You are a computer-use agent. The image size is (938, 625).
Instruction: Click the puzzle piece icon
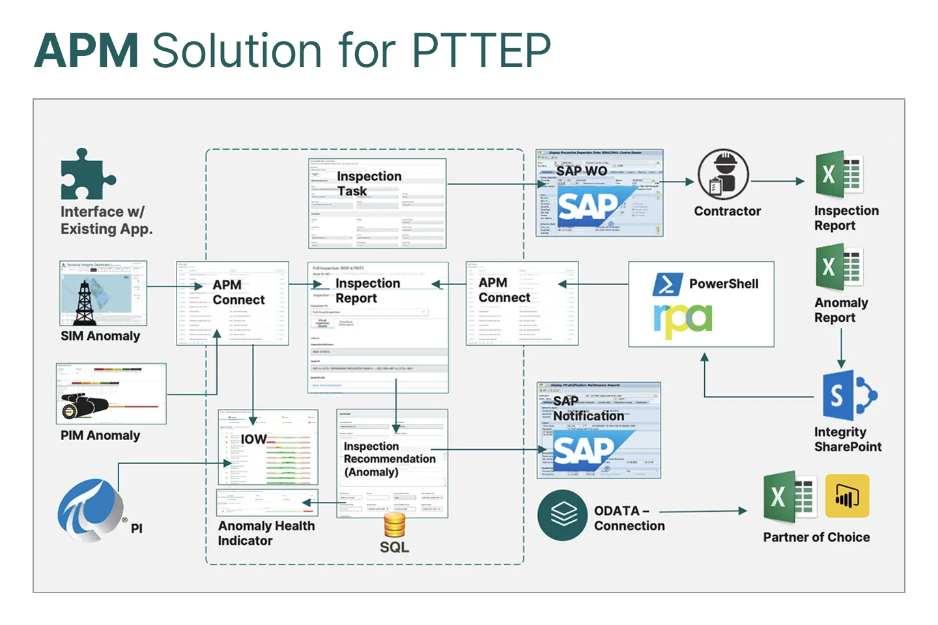tap(87, 174)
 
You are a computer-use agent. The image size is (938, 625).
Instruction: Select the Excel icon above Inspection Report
tap(839, 174)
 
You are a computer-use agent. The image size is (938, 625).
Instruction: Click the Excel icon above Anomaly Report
tap(839, 267)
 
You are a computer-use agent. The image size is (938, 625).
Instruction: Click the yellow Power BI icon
tap(847, 496)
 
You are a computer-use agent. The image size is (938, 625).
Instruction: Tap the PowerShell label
tap(724, 284)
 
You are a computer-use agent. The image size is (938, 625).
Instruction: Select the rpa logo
tap(682, 320)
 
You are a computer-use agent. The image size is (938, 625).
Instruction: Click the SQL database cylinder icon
tap(394, 525)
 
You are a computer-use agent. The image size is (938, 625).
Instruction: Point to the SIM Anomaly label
tap(100, 336)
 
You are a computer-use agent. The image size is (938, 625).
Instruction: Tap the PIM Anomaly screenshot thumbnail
tap(111, 394)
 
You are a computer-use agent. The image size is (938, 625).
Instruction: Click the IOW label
tap(253, 439)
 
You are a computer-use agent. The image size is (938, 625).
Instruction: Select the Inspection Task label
tap(369, 184)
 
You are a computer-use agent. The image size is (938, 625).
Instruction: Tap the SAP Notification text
tap(588, 408)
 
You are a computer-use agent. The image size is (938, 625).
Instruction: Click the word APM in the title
tap(86, 51)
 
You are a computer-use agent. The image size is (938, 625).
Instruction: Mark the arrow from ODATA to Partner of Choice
tap(703, 512)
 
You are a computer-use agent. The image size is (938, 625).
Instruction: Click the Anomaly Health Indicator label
tap(266, 533)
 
